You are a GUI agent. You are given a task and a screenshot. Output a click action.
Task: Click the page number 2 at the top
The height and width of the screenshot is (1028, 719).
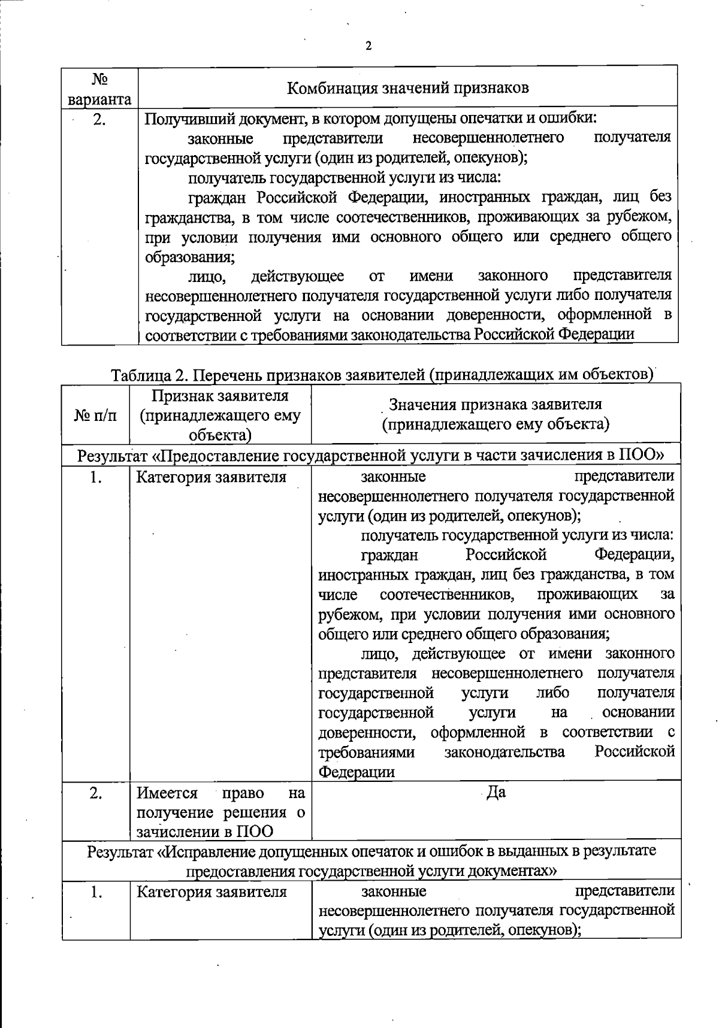coord(368,47)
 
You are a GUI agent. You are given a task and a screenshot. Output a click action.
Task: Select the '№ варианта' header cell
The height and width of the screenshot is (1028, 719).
coord(99,89)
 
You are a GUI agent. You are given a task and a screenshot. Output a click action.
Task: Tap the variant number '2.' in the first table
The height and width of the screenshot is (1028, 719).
coord(99,120)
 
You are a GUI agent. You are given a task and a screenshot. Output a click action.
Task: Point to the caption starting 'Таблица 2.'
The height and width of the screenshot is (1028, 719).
coord(381,374)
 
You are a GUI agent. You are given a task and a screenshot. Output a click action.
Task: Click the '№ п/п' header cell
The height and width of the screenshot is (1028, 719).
coord(95,415)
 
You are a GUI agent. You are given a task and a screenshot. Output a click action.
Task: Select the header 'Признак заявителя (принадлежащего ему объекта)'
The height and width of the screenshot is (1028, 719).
coord(220,415)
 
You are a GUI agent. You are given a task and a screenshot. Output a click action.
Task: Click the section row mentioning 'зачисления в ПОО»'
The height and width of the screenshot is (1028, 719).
coord(371,455)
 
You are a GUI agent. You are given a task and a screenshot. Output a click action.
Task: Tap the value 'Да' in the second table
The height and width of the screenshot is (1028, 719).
coord(496,792)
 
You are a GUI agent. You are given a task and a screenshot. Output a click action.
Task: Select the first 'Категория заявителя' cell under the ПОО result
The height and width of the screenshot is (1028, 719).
coord(212,477)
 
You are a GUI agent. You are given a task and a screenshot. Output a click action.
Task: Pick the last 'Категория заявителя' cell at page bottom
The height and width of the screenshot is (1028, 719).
coord(212,892)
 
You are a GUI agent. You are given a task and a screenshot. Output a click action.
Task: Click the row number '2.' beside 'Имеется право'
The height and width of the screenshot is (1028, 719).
coord(95,793)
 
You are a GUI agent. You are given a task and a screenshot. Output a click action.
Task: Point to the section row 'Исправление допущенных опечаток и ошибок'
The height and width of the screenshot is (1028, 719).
coord(371,860)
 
